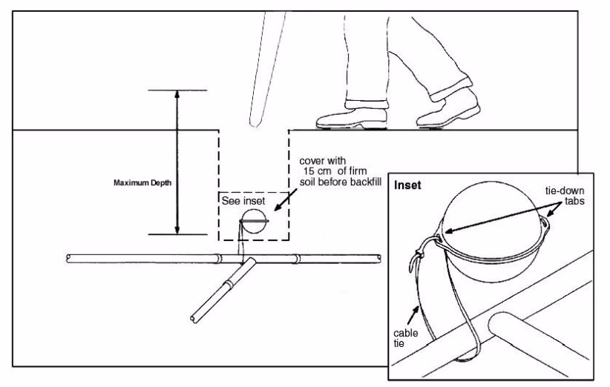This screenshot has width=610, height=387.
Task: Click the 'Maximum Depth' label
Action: (x=142, y=183)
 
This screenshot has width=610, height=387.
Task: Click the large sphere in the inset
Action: (x=491, y=211)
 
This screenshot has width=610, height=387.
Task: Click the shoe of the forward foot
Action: (x=349, y=118)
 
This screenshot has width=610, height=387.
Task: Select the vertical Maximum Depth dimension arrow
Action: (x=177, y=162)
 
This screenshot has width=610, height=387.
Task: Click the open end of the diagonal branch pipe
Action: (x=194, y=320)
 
